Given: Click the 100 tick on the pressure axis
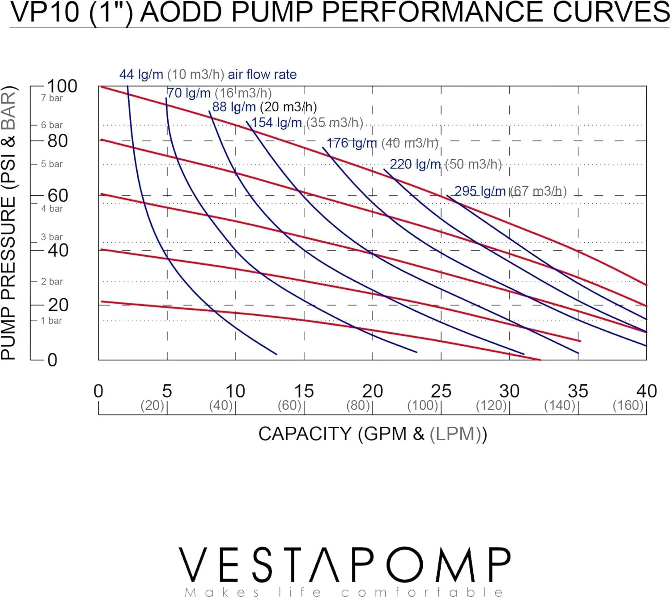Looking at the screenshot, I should tap(62, 86).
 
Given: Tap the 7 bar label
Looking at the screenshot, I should tap(52, 98).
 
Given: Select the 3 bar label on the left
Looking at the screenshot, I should tap(52, 237).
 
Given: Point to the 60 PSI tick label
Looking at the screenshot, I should tap(58, 195).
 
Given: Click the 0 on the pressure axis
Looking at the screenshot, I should tap(52, 360).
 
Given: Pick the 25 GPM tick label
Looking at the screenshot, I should tap(441, 391).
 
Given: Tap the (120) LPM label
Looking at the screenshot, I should tap(491, 406).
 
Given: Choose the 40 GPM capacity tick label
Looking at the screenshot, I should tap(646, 391).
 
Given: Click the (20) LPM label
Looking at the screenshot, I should tap(153, 406).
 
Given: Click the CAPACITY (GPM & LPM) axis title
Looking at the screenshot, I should tap(372, 434).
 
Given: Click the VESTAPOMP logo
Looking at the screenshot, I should tap(344, 564).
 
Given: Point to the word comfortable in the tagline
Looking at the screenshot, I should tap(422, 593).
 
